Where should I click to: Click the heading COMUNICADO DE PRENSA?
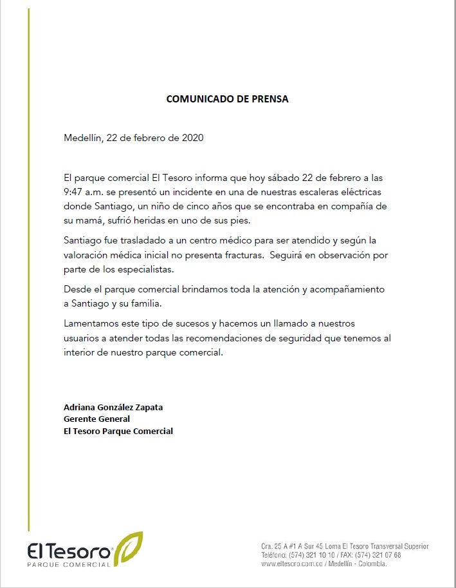click(x=228, y=99)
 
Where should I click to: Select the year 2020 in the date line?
click(x=193, y=138)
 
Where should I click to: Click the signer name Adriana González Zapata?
click(x=113, y=407)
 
